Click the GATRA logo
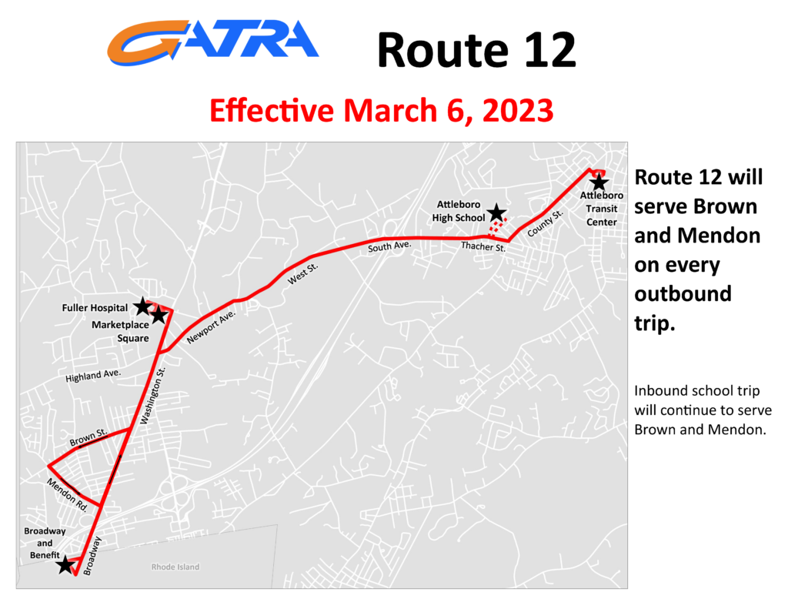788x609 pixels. (x=212, y=43)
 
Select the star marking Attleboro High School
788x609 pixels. (x=496, y=212)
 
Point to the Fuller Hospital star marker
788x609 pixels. (x=142, y=306)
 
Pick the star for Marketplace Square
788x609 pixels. (x=159, y=316)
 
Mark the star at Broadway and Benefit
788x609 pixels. (x=65, y=564)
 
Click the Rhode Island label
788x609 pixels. (x=175, y=567)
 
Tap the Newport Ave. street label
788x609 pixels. (x=211, y=327)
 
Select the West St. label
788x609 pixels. (x=302, y=274)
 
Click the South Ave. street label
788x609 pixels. (x=389, y=246)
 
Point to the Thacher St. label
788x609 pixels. (x=483, y=246)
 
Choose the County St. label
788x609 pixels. (x=546, y=223)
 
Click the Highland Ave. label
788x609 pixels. (x=93, y=376)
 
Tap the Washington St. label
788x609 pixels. (x=153, y=396)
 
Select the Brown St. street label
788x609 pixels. (x=88, y=437)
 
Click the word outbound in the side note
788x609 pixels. (x=683, y=293)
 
